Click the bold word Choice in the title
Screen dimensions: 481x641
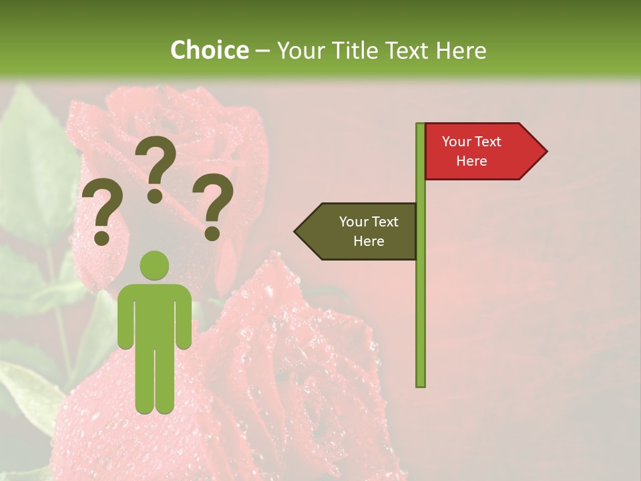(209, 50)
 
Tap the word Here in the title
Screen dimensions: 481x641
(461, 50)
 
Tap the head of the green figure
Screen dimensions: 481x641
(154, 265)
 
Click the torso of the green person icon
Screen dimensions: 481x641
(154, 314)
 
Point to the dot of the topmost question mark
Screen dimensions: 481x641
(155, 196)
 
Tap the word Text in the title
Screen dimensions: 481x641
(407, 50)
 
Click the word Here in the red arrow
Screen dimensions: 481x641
(471, 161)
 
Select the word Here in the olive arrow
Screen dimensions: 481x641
(369, 241)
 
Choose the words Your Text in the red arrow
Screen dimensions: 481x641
(471, 142)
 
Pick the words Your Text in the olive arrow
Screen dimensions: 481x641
(369, 222)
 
